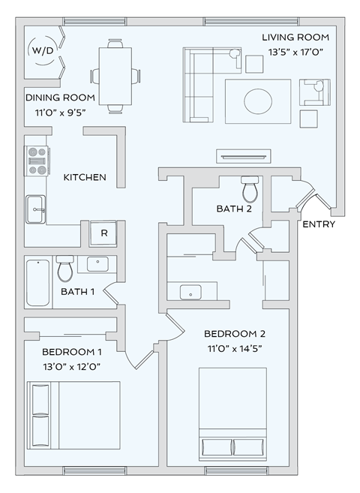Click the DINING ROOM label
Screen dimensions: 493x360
tap(60, 98)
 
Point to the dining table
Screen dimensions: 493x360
tap(115, 76)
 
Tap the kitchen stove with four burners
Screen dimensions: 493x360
tap(36, 160)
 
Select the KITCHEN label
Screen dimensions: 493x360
tap(84, 178)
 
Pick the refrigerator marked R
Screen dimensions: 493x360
tap(104, 233)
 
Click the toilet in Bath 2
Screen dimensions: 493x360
tap(249, 190)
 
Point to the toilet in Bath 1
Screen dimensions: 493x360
tap(64, 268)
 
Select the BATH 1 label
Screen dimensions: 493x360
tap(77, 292)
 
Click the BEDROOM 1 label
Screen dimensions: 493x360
tap(71, 352)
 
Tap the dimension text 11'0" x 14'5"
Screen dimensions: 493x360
tap(235, 348)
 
